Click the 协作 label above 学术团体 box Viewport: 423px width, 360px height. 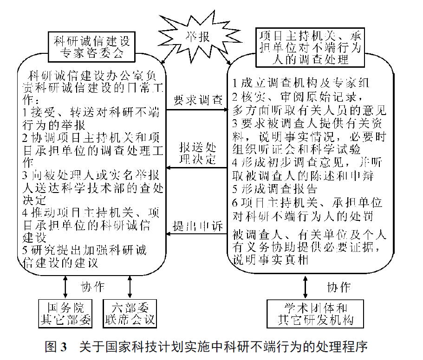338,287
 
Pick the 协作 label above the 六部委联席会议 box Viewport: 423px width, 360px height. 92,287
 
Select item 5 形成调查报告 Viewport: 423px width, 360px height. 275,189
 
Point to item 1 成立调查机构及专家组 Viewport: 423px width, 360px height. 300,83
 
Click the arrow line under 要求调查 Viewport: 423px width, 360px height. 197,110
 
